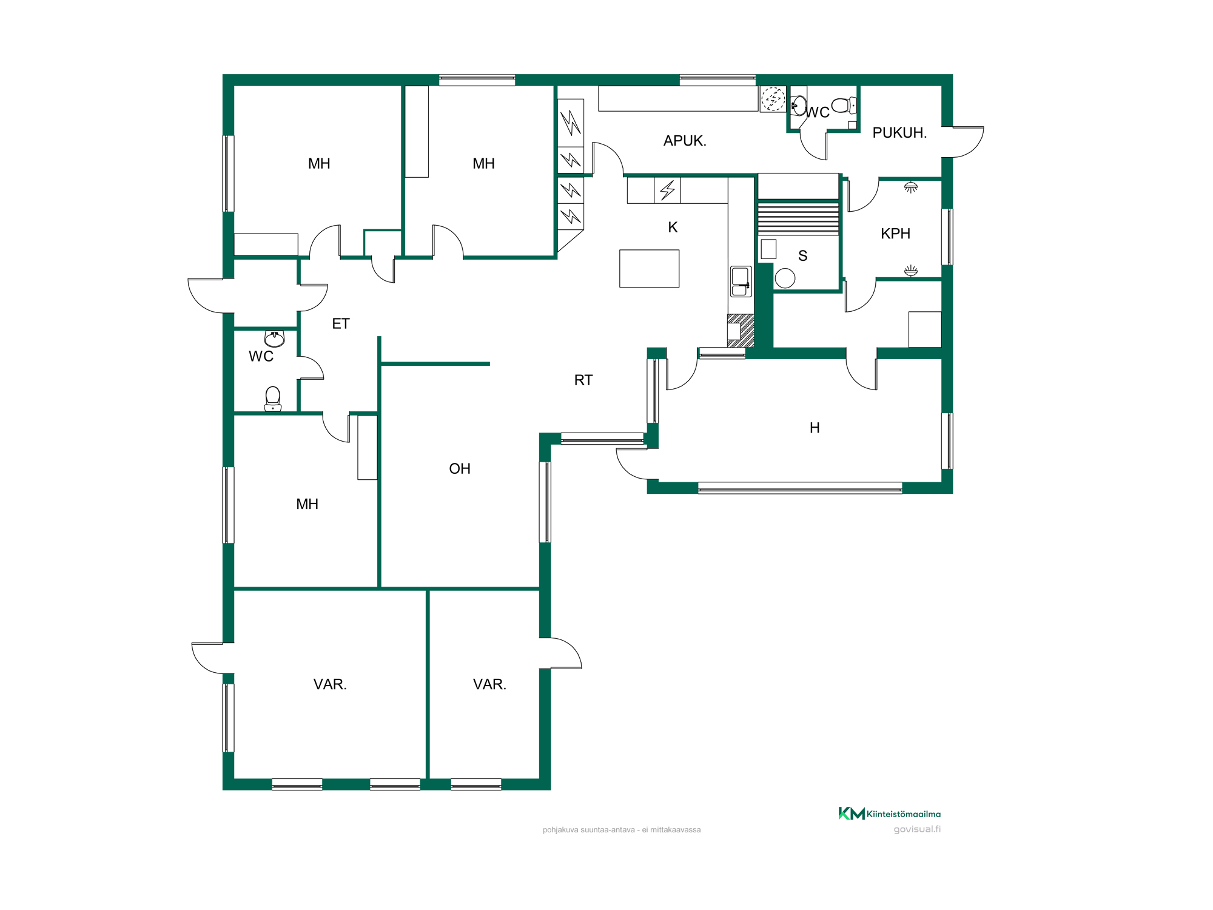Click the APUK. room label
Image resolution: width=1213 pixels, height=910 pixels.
click(x=685, y=141)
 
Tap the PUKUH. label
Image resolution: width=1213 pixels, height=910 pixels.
click(x=899, y=133)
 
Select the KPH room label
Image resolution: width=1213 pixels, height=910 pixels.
click(x=895, y=234)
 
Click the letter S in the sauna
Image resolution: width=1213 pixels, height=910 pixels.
click(x=803, y=256)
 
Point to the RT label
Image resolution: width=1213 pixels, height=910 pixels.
click(x=583, y=380)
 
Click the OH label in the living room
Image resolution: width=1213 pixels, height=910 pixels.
click(x=460, y=469)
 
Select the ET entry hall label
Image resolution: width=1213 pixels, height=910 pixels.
click(x=341, y=324)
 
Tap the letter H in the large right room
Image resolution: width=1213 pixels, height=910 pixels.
click(x=815, y=428)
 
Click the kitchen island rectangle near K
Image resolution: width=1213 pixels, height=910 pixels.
click(x=649, y=268)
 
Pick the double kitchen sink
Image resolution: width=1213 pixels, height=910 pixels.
click(x=741, y=281)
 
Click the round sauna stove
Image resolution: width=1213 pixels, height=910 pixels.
click(x=785, y=278)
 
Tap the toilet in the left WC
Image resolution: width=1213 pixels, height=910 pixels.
click(x=273, y=399)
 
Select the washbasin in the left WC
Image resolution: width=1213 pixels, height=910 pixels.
click(x=275, y=338)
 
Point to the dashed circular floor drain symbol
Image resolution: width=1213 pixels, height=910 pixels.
click(x=773, y=98)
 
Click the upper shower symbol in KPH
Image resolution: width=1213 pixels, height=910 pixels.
click(x=911, y=187)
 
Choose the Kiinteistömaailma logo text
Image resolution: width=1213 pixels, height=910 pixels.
click(x=904, y=814)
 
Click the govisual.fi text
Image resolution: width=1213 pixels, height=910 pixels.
click(x=917, y=829)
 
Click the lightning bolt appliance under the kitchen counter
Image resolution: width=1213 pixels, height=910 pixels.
click(x=667, y=190)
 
